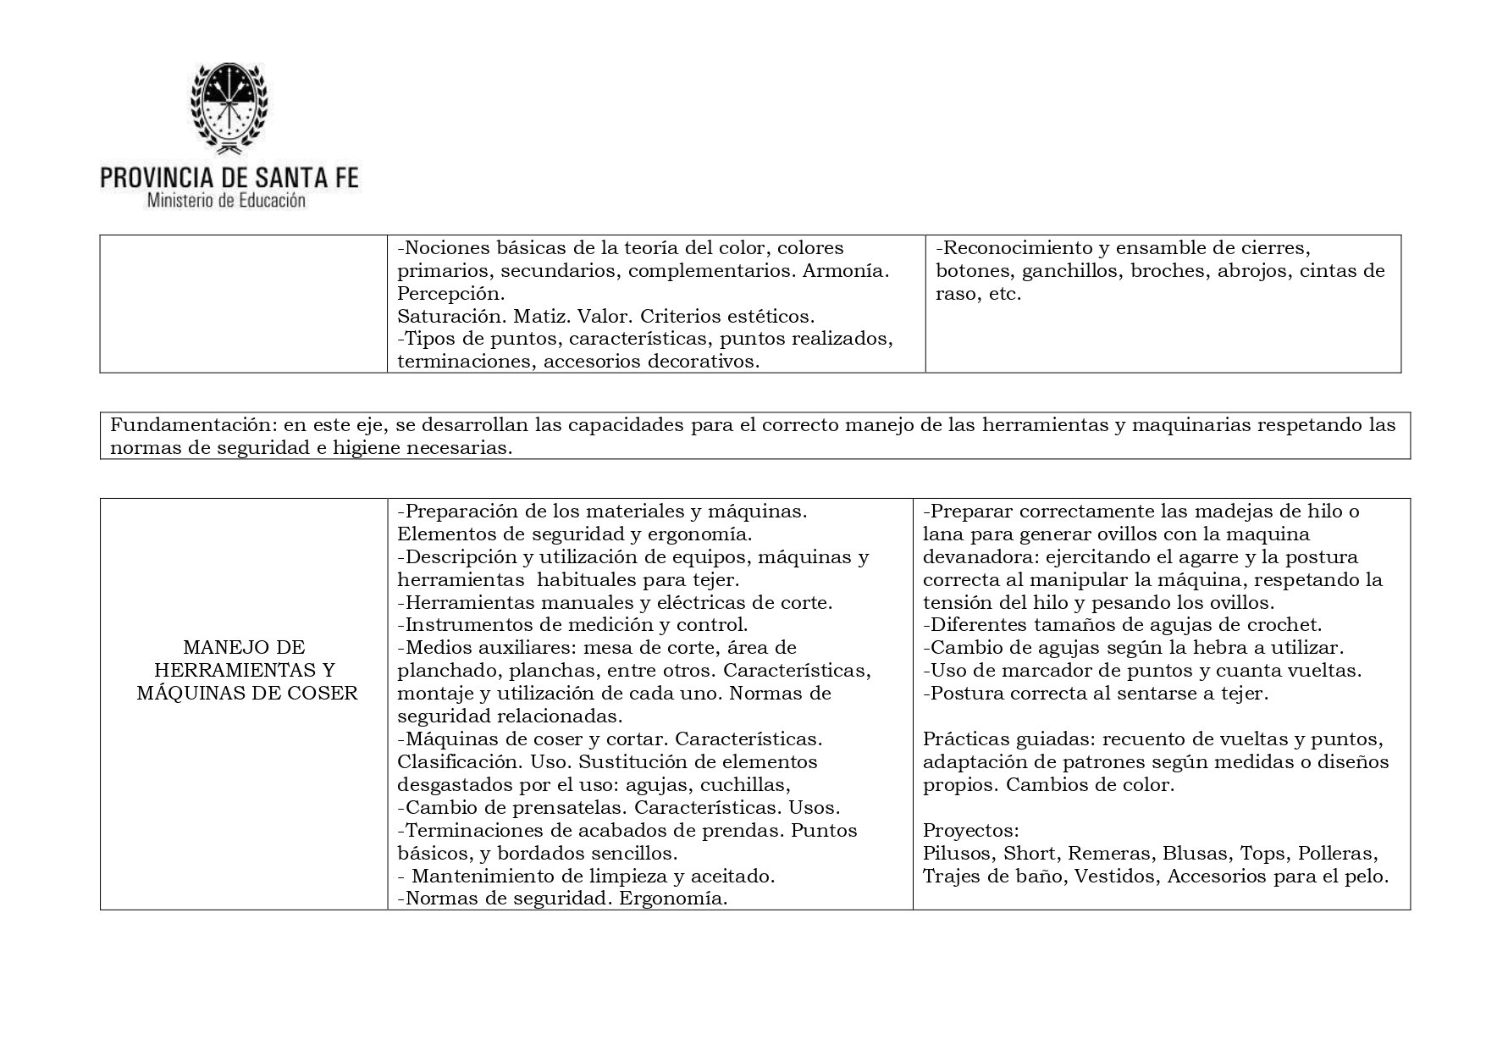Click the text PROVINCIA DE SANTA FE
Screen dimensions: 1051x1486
[229, 177]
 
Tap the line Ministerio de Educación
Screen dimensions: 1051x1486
[226, 202]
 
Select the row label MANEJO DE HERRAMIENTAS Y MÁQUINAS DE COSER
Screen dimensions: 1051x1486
[244, 671]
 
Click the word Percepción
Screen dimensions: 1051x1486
[450, 294]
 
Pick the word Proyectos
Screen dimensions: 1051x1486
[969, 830]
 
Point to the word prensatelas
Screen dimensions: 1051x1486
[555, 807]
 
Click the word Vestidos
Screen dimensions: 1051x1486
[1115, 876]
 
